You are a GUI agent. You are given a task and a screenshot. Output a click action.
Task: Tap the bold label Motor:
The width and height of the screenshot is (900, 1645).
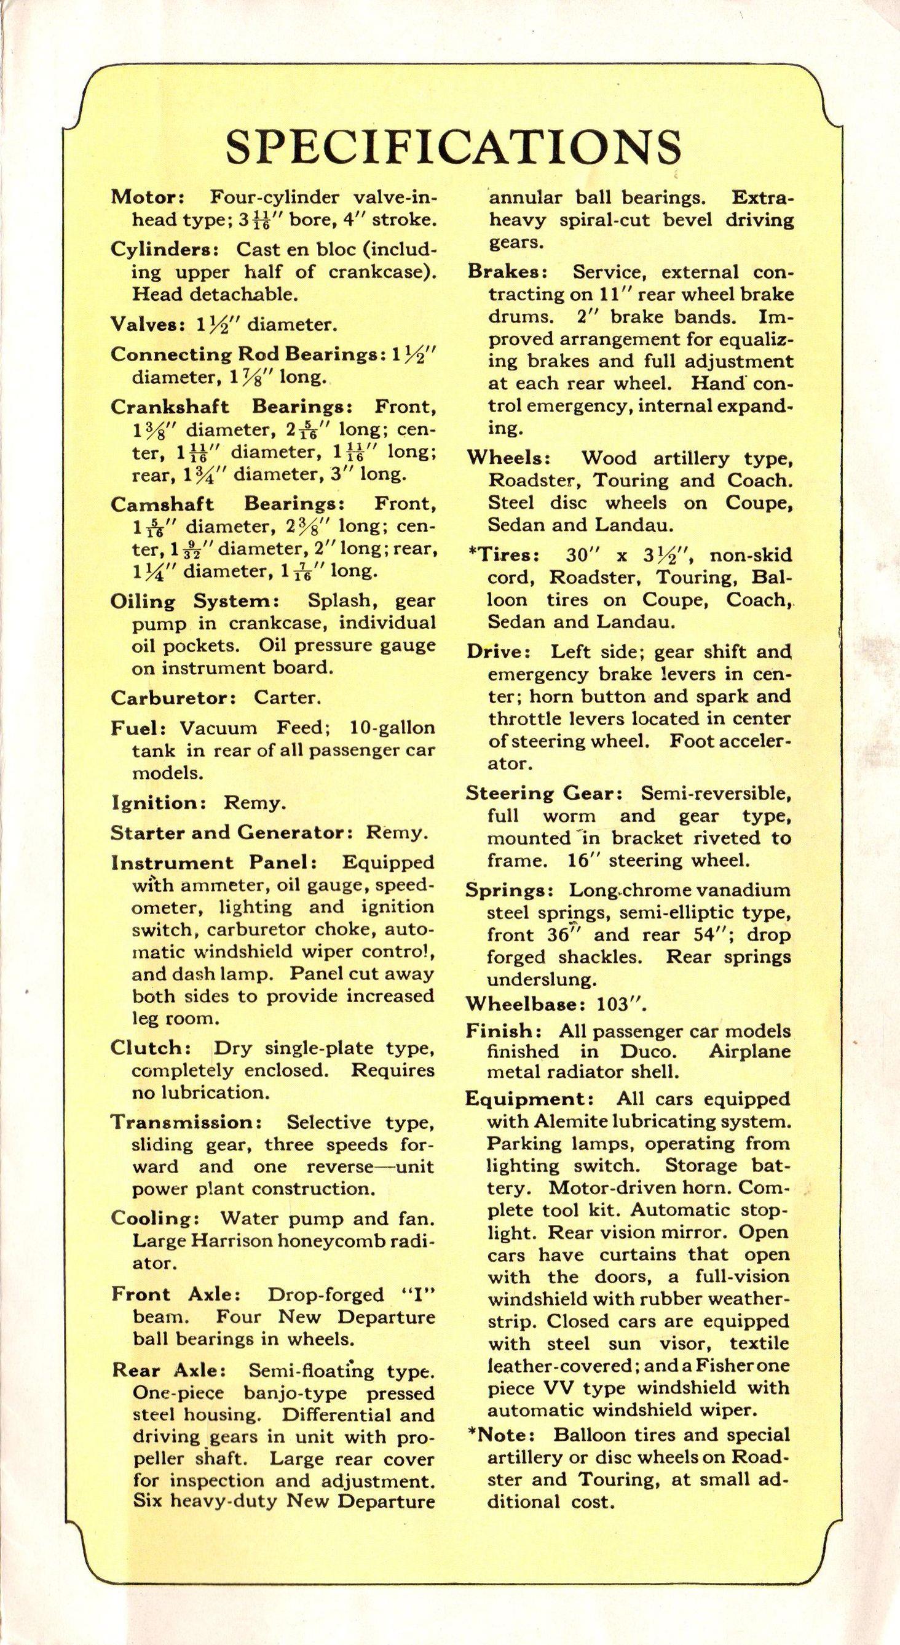point(148,198)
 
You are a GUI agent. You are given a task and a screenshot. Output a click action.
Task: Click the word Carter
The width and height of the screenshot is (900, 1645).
point(286,698)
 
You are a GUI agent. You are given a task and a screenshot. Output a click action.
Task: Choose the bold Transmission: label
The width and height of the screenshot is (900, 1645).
point(183,1122)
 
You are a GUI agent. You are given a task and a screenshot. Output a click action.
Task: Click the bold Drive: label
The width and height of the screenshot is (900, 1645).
point(499,652)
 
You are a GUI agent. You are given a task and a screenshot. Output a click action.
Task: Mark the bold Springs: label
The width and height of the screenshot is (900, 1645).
point(507,890)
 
